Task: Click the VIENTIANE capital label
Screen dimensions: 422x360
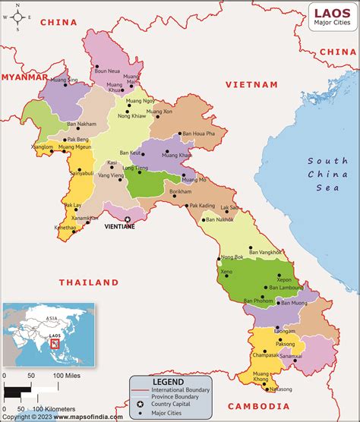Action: coord(119,226)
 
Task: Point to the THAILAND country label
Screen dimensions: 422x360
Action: coord(89,282)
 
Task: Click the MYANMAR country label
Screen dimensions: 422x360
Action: coord(23,77)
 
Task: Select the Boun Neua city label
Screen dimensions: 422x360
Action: coord(106,71)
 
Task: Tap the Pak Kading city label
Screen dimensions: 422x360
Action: coord(203,205)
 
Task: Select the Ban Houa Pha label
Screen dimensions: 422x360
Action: coord(198,134)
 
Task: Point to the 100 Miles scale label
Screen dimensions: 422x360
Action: coord(68,376)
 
